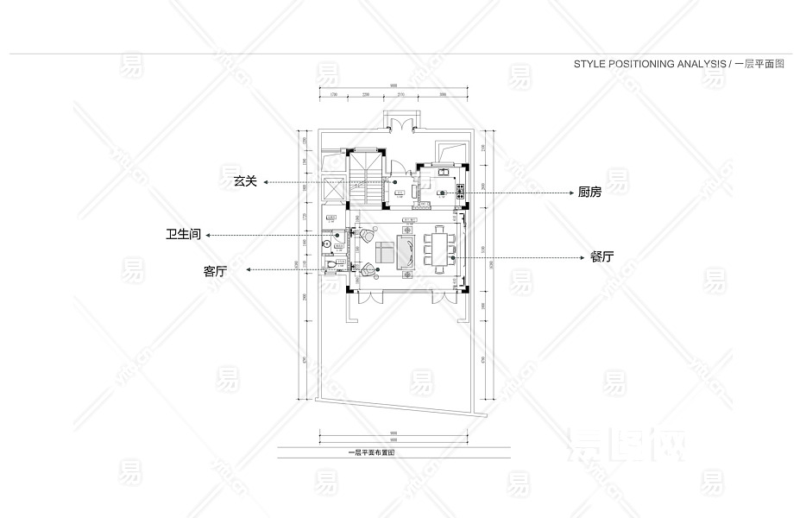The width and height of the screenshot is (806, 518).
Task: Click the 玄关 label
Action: [245, 182]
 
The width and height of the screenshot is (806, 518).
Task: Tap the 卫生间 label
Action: [184, 234]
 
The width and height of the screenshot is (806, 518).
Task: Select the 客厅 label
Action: [215, 271]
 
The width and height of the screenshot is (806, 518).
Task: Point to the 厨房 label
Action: [589, 193]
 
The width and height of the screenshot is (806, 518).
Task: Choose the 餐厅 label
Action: [601, 257]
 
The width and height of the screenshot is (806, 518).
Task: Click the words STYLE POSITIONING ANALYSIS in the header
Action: [650, 65]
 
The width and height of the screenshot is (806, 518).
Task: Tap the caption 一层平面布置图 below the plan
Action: [370, 452]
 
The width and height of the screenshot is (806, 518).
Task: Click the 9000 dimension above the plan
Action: [393, 85]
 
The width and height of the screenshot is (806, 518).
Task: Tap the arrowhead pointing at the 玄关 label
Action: [268, 183]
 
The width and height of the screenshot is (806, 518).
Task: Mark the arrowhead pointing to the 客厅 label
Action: [250, 270]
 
